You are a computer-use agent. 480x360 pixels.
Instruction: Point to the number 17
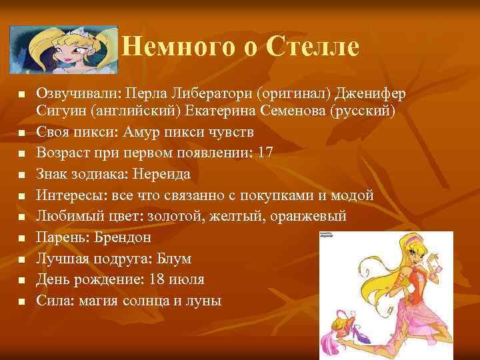(265, 152)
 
